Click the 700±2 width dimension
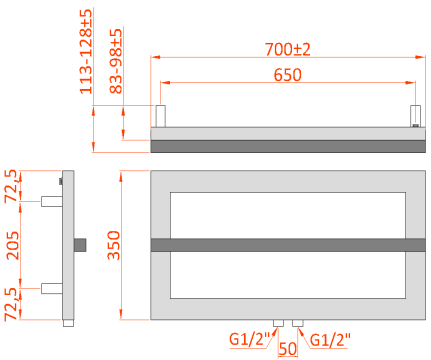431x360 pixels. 288,49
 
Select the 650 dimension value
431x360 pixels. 288,75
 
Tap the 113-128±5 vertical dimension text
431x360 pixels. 86,51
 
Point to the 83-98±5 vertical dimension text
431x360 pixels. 116,61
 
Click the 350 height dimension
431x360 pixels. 114,245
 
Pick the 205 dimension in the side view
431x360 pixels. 13,245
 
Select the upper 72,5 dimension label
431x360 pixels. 12,186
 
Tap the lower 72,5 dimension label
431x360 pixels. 12,304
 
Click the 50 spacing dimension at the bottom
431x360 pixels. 288,349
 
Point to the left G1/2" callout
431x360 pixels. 249,339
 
